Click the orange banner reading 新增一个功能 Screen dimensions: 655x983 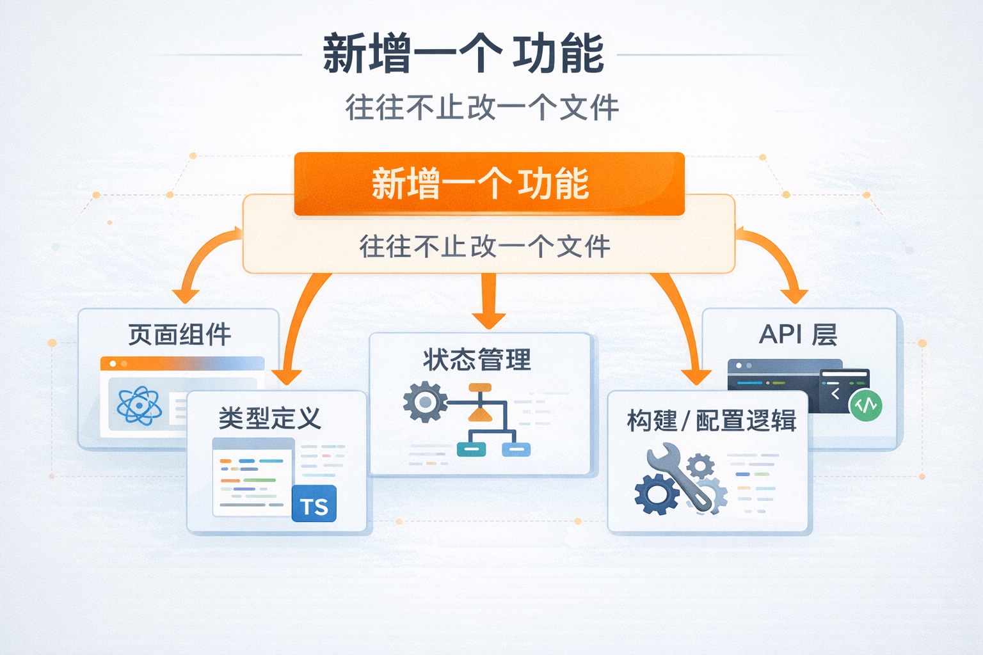[489, 184]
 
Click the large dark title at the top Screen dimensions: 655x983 [463, 54]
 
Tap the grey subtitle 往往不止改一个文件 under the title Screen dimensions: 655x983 [482, 107]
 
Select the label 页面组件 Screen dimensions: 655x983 [179, 335]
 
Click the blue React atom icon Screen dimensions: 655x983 [139, 406]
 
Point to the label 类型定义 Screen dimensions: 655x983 [269, 418]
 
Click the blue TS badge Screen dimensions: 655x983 [314, 504]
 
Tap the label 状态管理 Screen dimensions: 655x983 [477, 359]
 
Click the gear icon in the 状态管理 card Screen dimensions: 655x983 [424, 402]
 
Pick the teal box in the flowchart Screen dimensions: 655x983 [471, 449]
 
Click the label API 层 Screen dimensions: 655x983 [797, 335]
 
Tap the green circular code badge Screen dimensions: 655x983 [865, 404]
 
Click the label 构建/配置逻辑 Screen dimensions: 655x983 [711, 421]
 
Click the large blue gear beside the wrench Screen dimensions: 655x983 [656, 494]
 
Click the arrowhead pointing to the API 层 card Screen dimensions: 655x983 [795, 296]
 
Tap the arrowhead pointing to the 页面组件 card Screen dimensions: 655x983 [186, 296]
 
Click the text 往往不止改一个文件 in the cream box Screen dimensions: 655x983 [484, 246]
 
